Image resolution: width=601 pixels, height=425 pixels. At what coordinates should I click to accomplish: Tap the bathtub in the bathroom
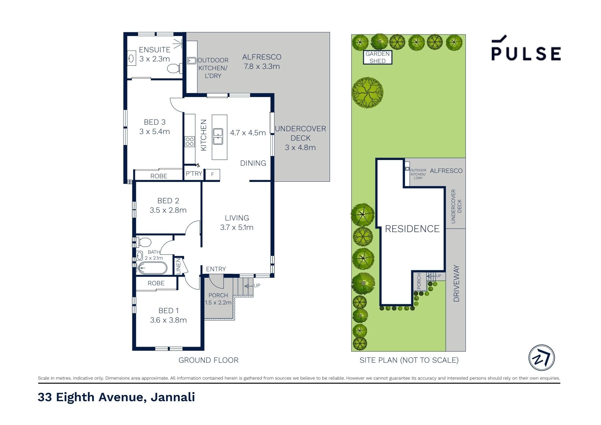[152, 268]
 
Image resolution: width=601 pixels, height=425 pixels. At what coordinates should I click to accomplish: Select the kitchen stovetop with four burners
[189, 142]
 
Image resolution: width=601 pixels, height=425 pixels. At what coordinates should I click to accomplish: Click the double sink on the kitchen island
[218, 137]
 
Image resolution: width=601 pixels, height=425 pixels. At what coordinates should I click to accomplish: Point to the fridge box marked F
[213, 174]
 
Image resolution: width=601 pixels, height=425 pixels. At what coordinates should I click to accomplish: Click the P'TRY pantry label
[194, 174]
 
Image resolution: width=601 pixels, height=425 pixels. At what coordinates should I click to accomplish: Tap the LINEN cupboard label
[178, 266]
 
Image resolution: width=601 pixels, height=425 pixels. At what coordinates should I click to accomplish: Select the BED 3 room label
[155, 122]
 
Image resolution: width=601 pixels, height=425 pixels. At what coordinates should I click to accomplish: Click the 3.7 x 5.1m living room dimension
[237, 227]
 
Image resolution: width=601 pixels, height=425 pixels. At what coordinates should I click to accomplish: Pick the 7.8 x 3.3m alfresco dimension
[262, 66]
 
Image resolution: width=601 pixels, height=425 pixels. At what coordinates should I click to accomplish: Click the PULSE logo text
[526, 54]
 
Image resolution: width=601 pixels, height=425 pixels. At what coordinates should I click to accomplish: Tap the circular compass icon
[542, 358]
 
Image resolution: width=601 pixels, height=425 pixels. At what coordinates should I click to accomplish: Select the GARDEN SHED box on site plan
[378, 57]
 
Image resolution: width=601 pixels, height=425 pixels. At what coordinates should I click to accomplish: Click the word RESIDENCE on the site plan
[412, 229]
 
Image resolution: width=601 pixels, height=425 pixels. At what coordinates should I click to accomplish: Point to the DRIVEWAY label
[456, 283]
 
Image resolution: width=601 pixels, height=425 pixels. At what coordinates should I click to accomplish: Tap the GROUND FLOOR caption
[208, 360]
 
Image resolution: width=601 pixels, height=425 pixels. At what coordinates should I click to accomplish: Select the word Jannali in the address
[173, 397]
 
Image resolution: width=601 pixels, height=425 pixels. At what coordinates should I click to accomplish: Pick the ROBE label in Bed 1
[156, 283]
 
